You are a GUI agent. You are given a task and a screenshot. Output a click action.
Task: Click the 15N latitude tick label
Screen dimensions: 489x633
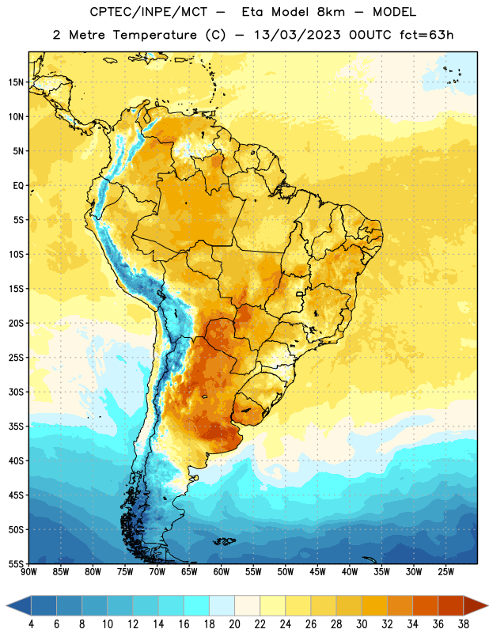[16, 82]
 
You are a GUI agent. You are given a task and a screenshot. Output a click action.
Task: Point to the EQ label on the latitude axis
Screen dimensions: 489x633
[18, 186]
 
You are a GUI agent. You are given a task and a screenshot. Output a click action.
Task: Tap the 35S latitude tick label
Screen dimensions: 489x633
[16, 426]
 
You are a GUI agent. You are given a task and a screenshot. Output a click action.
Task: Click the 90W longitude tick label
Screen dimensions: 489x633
[28, 572]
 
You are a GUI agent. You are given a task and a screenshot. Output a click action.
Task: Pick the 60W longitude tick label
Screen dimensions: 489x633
[222, 572]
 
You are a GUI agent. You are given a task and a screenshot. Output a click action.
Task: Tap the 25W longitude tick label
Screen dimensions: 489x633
[445, 572]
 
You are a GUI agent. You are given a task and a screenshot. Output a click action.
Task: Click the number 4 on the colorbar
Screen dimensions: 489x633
[31, 624]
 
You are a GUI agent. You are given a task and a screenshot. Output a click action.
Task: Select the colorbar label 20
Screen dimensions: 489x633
[234, 624]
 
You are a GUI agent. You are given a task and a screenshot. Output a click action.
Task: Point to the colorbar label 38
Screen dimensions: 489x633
[464, 624]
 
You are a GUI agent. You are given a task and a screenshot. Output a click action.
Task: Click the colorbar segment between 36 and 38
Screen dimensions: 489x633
[451, 606]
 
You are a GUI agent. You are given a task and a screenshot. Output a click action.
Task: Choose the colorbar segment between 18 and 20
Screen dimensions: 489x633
[222, 606]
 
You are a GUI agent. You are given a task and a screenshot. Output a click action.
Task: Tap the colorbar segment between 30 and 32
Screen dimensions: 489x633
[375, 606]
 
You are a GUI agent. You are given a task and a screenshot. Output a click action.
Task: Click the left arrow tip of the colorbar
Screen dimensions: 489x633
[6, 606]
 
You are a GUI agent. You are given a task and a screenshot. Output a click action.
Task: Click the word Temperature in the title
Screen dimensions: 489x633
[155, 35]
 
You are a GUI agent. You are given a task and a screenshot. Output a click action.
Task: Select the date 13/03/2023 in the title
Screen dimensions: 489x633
[298, 35]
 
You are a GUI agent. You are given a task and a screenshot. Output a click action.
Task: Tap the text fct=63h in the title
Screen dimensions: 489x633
[426, 35]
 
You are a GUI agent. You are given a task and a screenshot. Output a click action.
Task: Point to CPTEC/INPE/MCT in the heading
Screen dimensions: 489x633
[149, 12]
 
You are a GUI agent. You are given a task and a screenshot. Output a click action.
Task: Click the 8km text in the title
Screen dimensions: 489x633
[331, 12]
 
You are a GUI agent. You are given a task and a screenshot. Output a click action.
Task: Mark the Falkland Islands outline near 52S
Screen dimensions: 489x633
[224, 541]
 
